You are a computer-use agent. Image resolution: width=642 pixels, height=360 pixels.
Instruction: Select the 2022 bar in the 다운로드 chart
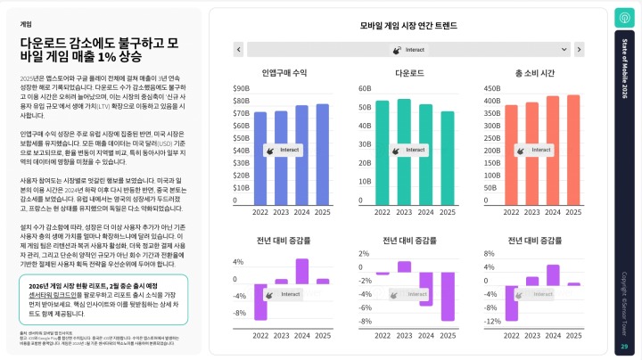383,152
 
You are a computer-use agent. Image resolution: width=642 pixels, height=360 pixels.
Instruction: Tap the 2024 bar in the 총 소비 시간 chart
553,151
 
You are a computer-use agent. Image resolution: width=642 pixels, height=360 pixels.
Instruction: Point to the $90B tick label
241,89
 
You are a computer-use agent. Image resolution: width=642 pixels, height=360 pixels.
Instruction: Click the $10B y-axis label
241,188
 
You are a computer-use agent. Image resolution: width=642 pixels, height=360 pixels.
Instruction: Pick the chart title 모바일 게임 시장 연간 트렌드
409,27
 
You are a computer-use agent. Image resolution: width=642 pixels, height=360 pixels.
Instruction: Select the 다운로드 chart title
409,71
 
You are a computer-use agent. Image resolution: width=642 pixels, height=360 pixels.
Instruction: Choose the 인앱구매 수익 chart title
285,71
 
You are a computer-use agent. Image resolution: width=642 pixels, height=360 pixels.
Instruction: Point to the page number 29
624,347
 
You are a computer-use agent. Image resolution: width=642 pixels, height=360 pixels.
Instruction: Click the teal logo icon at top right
624,18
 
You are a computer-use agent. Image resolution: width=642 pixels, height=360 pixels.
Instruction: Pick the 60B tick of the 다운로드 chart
365,89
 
